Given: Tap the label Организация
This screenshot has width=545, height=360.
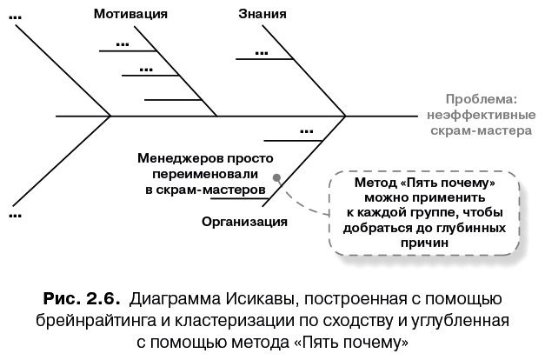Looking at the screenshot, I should pos(244,221).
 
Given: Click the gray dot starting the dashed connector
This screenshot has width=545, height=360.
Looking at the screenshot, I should pos(276,177).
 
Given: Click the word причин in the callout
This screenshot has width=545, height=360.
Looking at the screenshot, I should pos(424,244).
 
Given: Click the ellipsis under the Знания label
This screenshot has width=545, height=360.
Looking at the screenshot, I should pos(260,52).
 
